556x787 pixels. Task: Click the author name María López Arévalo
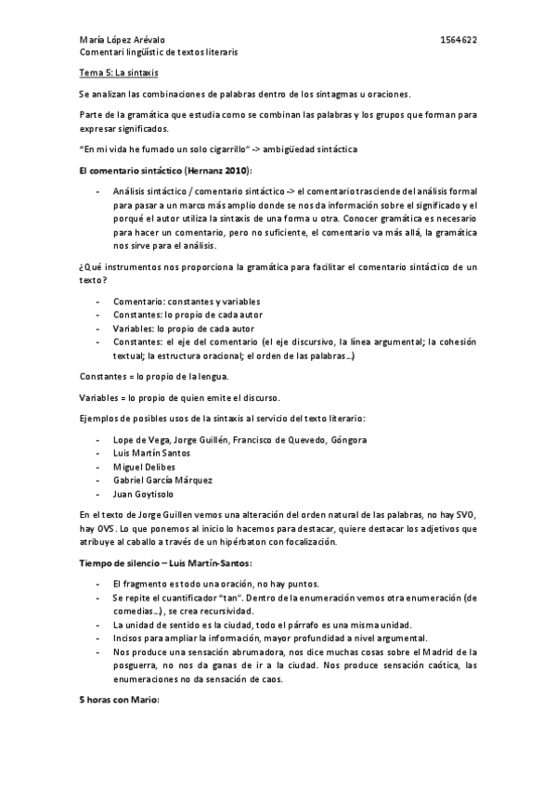[122, 42]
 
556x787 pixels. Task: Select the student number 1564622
[459, 42]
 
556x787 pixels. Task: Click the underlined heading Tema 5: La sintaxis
[116, 72]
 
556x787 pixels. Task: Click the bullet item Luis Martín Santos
[151, 453]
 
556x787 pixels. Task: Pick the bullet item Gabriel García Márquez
[162, 481]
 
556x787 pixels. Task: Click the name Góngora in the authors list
[348, 439]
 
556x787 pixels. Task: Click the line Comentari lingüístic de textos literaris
[158, 53]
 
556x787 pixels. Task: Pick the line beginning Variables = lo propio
[161, 397]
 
